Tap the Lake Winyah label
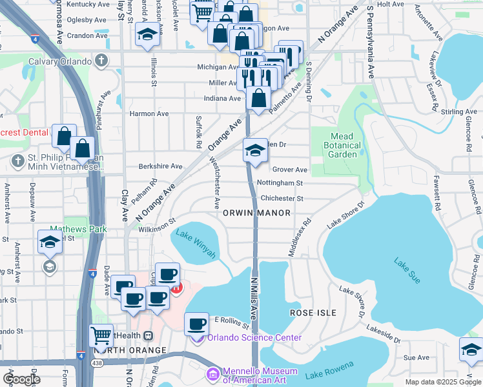coord(196,244)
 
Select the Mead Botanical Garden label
coord(342,145)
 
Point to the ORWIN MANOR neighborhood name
coord(256,212)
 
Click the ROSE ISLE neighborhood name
coord(313,312)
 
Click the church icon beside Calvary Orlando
coord(100,61)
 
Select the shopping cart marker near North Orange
coord(101,335)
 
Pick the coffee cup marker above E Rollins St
coord(197,323)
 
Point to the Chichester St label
coord(282,199)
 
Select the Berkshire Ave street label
coord(160,166)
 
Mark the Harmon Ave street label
coord(149,114)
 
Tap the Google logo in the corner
coord(22,379)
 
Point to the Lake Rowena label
coord(329,370)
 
